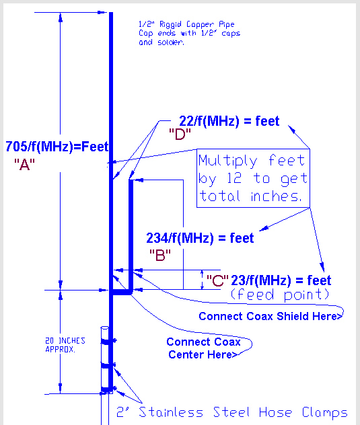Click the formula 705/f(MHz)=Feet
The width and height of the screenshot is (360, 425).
57,147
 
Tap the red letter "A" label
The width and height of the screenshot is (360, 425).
24,165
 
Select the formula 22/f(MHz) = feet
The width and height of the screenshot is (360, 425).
229,121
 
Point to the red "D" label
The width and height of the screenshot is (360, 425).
180,134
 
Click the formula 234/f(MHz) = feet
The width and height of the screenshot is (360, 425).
200,238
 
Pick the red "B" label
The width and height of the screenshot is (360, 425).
160,255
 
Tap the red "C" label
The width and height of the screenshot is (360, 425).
217,280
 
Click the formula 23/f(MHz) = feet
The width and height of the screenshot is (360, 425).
281,280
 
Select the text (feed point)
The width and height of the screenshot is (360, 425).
280,295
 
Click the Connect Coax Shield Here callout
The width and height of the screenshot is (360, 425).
271,316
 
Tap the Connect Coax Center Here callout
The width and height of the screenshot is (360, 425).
203,348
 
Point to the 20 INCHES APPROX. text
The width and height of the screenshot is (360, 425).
65,345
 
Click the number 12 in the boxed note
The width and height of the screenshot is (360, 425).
234,178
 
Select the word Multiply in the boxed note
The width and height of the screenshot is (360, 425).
228,161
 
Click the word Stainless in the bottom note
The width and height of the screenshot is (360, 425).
171,412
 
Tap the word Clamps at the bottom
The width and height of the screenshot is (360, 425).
325,413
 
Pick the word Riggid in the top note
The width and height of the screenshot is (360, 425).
170,24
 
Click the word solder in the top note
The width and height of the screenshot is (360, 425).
171,42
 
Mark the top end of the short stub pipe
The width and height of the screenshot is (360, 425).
131,180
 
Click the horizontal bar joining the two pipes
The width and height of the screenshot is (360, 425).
121,292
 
